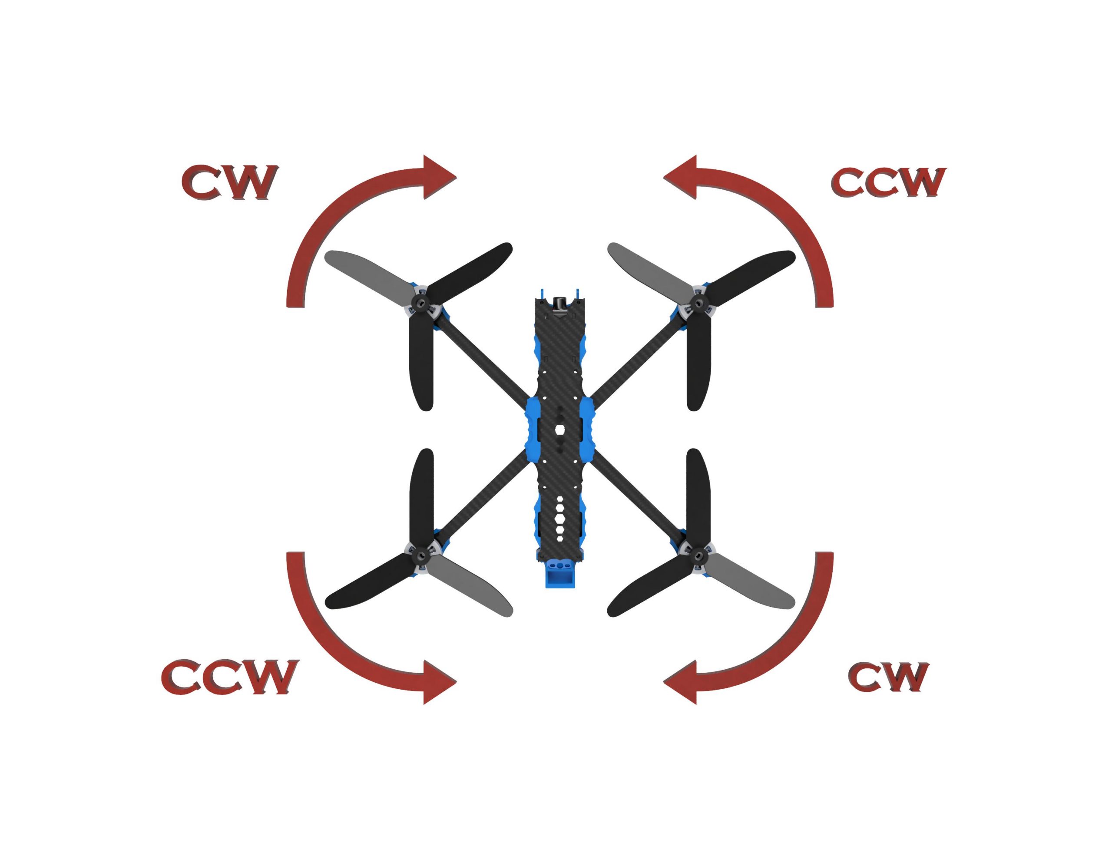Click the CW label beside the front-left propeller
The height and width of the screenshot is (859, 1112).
point(230,182)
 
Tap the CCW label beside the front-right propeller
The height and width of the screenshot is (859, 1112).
point(888,182)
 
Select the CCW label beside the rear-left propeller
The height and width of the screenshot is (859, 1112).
point(230,677)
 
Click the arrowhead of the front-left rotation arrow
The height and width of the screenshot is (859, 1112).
point(439,177)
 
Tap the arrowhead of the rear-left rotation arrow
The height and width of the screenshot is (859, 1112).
point(439,682)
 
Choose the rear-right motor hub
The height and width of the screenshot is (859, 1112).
point(698,555)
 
